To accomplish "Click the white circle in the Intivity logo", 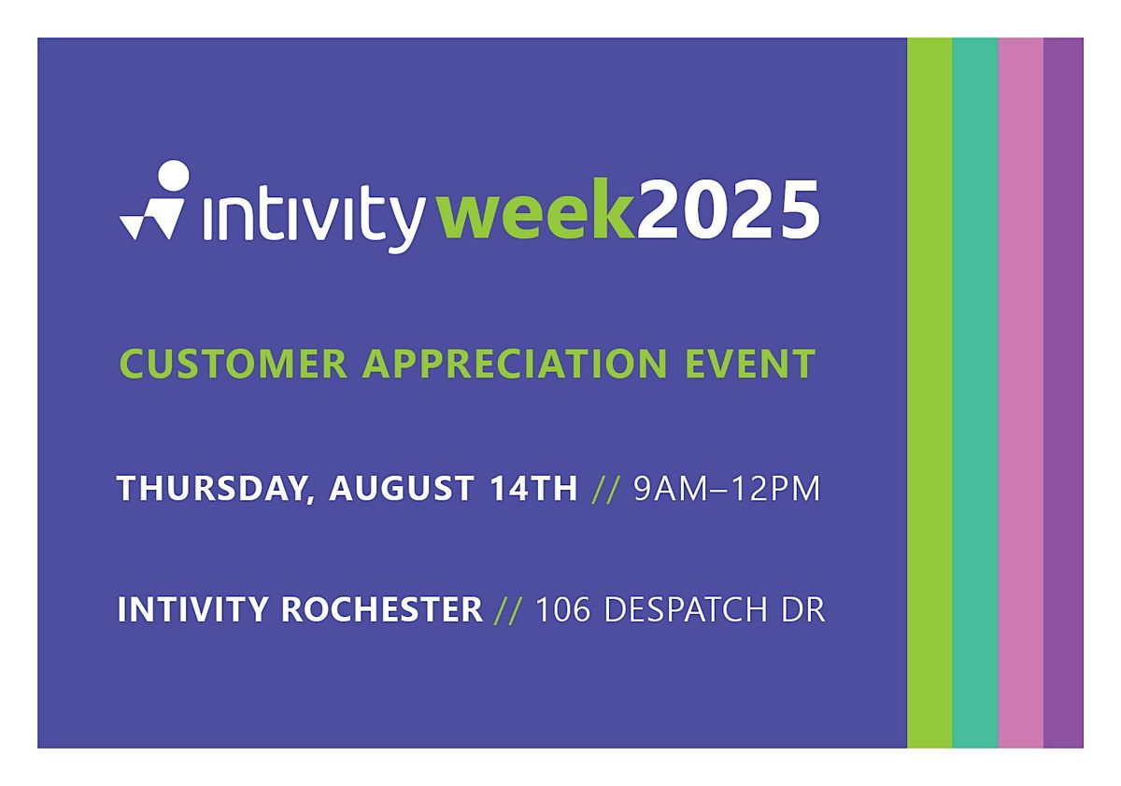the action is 173,177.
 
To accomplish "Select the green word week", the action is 538,210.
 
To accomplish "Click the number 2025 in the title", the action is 728,210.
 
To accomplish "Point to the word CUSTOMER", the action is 234,364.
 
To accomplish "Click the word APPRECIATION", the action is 515,364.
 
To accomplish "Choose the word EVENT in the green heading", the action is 751,364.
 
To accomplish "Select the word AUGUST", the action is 402,488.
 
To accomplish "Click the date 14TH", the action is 533,488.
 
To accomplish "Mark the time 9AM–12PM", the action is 727,489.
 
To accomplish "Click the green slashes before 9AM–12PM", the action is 605,489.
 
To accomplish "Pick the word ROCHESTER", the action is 382,609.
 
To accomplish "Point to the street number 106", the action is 563,609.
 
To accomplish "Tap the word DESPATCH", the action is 686,609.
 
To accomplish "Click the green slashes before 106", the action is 508,610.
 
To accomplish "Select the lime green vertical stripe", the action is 929,393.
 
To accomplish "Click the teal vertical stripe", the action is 975,393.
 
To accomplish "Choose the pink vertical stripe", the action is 1021,393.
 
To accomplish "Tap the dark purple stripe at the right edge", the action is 1063,393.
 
